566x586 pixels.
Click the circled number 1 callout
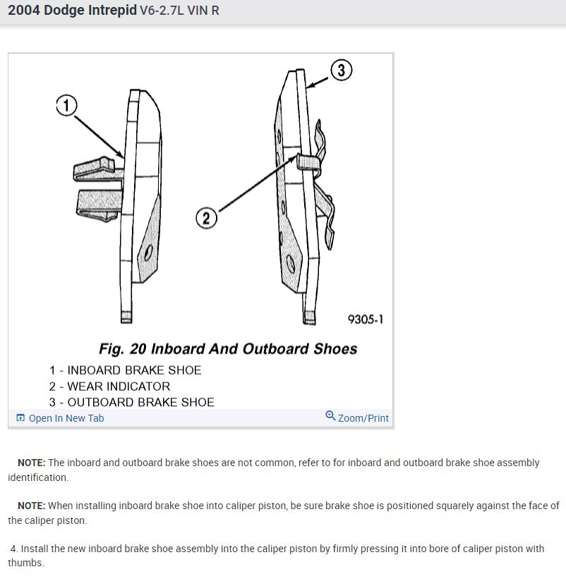(66, 106)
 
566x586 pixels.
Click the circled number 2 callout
(206, 218)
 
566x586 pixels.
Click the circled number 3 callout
(341, 71)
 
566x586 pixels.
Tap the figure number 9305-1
(366, 319)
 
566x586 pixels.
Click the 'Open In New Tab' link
(66, 418)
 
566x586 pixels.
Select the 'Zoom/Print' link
(363, 418)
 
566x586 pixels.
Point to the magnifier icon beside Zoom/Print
(330, 416)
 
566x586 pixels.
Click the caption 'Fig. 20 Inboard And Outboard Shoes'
(228, 349)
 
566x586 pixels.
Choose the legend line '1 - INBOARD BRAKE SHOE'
(125, 370)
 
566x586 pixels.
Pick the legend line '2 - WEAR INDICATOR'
(109, 386)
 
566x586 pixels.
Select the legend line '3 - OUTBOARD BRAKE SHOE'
(131, 403)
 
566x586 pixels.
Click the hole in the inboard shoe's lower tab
(147, 252)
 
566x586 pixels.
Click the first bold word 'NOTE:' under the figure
(32, 463)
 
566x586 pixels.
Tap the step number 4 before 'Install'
(13, 549)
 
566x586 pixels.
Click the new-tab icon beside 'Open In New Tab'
(20, 418)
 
